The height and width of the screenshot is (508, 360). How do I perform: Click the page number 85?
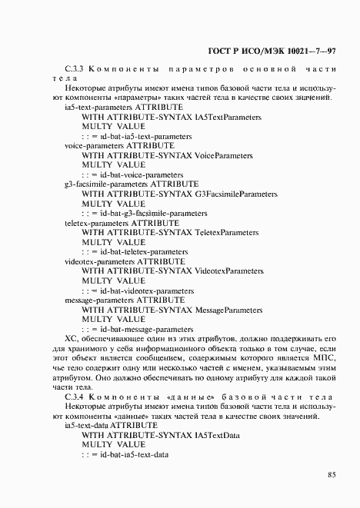click(332, 474)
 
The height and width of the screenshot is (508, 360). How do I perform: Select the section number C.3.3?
click(75, 69)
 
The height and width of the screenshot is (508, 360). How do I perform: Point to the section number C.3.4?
click(75, 397)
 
